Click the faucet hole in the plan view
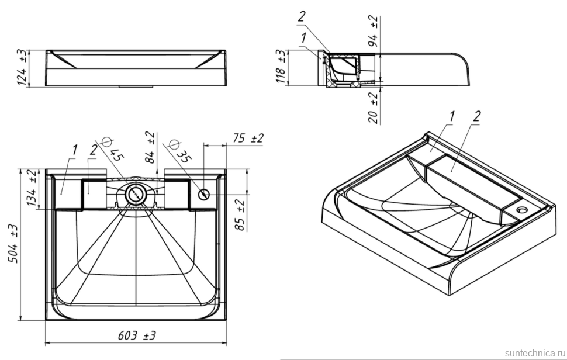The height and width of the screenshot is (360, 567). pos(204,194)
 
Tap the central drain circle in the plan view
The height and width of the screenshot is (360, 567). pos(136,194)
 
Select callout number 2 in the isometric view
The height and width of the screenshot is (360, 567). pos(476,117)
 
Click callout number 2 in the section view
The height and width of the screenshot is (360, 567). pos(302,18)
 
